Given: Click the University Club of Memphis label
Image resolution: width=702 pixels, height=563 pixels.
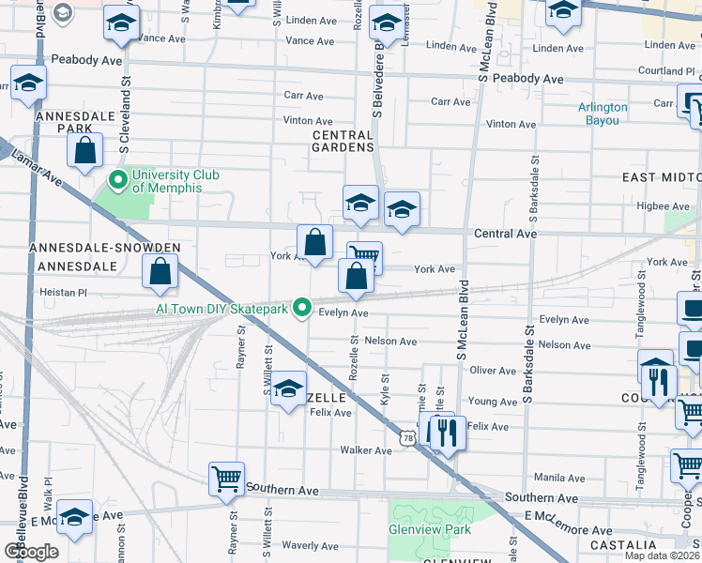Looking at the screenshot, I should pos(166,181).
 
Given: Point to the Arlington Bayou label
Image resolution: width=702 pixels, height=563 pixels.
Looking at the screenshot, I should pos(603,114).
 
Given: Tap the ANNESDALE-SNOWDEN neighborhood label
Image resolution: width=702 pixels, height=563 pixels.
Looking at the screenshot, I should pos(104,248).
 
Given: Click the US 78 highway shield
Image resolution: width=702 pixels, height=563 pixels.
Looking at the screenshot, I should pos(406,438).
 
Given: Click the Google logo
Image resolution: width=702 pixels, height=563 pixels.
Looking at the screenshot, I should pos(31,551).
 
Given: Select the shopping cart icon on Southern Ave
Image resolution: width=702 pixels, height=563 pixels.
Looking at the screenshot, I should pos(227,479).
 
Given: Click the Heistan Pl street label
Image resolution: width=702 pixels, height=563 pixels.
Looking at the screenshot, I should pos(64,293).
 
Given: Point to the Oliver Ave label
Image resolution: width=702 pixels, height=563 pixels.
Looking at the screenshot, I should pos(493,371).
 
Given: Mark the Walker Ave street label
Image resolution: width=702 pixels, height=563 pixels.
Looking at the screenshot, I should pos(366,450).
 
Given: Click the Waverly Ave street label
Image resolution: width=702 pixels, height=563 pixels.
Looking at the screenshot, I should pos(310,545).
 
